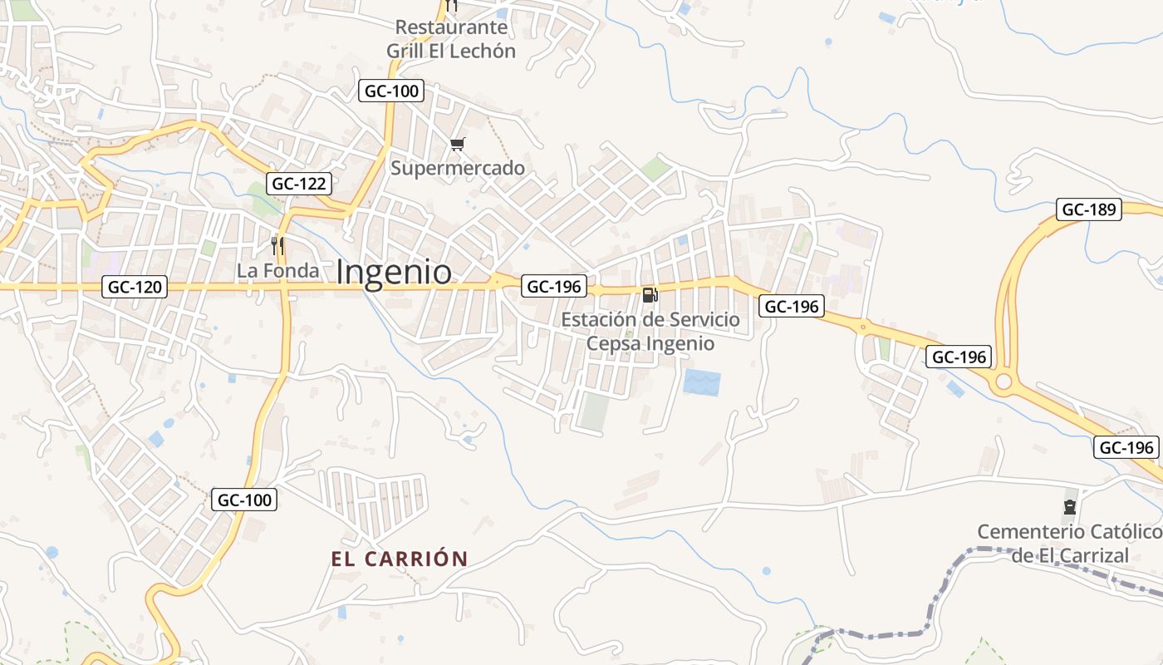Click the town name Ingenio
395,273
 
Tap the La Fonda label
277,271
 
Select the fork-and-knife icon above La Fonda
278,246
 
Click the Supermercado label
458,168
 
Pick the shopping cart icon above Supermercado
457,145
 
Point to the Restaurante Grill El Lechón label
451,39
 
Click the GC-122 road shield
299,184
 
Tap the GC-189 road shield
1089,209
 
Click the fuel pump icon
650,294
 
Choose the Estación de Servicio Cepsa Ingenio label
650,331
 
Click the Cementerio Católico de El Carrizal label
1069,543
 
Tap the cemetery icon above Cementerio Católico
1069,506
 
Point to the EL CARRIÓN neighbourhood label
400,559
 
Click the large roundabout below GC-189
1004,382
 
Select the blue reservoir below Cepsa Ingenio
701,382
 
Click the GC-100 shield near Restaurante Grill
392,91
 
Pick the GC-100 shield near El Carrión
245,500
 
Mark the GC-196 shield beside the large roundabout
959,357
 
